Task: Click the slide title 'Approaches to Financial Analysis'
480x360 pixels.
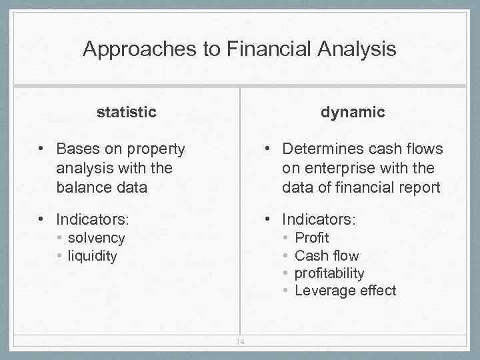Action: click(239, 49)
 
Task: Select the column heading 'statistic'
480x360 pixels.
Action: click(127, 112)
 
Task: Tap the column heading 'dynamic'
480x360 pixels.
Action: click(353, 112)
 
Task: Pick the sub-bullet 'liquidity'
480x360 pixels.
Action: click(92, 256)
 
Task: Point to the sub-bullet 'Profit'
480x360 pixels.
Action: click(312, 238)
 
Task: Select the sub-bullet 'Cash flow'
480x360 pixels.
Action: click(327, 255)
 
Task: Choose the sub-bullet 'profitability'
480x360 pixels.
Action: click(329, 273)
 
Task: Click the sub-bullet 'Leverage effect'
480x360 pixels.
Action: click(345, 291)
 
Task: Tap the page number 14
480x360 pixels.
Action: click(240, 342)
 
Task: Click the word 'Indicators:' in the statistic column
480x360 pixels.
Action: click(93, 219)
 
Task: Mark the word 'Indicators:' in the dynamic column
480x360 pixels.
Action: click(319, 219)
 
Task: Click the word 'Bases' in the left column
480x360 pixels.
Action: click(77, 148)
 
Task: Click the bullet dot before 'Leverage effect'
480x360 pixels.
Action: click(285, 291)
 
